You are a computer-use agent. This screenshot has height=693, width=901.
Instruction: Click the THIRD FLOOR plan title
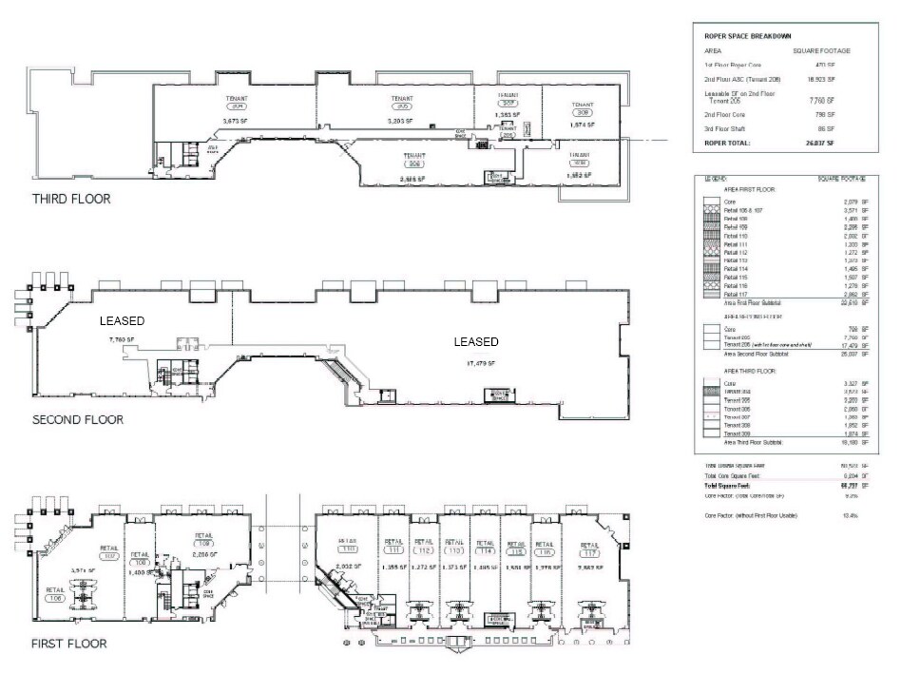(71, 200)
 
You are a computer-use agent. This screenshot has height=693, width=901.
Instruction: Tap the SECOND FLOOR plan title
(78, 419)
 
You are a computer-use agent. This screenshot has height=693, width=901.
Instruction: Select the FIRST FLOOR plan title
(68, 644)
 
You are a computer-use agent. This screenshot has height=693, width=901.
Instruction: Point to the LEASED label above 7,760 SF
(123, 321)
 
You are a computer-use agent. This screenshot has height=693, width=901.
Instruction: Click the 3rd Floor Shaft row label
(727, 128)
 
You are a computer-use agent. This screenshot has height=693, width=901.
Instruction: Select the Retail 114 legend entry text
(736, 269)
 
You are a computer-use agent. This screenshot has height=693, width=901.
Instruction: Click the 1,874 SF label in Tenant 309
(582, 125)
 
